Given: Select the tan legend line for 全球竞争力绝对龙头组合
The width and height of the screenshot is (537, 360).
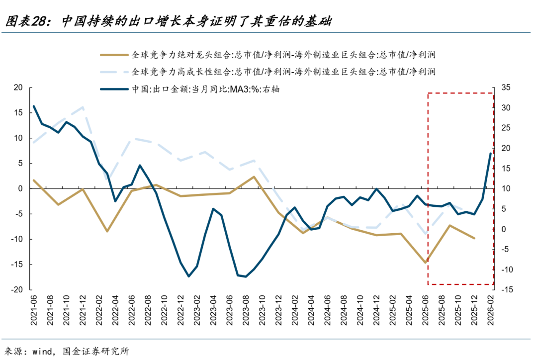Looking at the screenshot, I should [x=114, y=55].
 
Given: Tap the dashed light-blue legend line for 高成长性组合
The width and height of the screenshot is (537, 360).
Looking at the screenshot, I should [x=114, y=72].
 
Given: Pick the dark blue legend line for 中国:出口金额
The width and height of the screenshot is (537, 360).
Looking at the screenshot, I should [x=114, y=89].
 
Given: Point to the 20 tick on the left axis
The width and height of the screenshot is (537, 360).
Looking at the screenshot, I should [x=18, y=88].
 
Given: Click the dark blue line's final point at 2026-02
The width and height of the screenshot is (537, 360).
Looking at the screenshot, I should [x=490, y=154].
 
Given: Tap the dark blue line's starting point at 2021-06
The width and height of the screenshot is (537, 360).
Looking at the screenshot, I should [x=34, y=106].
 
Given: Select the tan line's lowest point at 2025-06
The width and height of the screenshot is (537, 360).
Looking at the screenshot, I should [x=426, y=263].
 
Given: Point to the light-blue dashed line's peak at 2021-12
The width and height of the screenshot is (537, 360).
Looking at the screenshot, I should [x=83, y=107].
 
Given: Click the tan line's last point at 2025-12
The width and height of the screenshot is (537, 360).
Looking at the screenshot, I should [x=474, y=238].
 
